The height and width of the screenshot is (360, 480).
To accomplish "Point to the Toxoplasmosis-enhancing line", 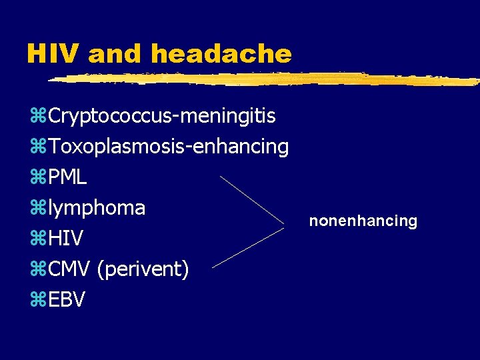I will [168, 147].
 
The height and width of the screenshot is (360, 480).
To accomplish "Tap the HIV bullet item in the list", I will [66, 239].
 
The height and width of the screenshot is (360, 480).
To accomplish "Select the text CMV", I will [70, 269].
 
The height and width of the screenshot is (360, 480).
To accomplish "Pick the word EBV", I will [67, 300].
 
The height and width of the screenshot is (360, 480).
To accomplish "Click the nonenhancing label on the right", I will [363, 221].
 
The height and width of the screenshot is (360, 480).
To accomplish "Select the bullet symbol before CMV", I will [37, 270].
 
